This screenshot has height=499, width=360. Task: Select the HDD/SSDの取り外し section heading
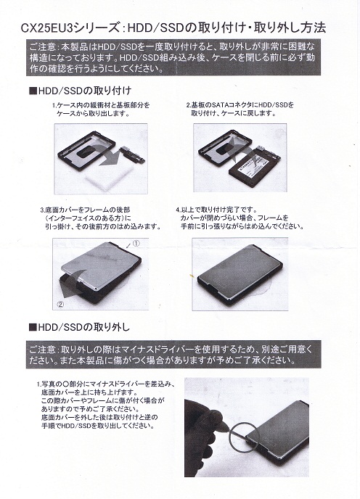coord(79,327)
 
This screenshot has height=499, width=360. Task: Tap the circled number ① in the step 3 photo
coord(136,244)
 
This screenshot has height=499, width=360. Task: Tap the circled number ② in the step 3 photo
coord(60,304)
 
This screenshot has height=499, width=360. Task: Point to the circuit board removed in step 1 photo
coord(133,155)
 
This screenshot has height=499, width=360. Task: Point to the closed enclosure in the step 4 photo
coord(240,273)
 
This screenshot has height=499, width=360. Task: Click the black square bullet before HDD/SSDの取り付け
coord(33,91)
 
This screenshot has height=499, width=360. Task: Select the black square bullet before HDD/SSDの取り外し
coord(33,327)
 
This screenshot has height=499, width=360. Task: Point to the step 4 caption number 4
coord(178,210)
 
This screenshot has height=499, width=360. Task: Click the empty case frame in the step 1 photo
coord(86,148)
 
